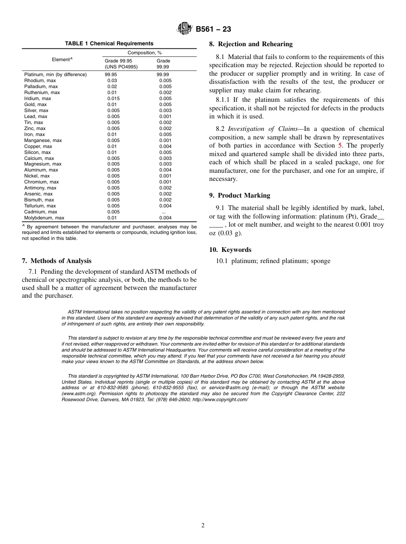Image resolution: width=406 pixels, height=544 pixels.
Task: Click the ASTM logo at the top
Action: [x=185, y=29]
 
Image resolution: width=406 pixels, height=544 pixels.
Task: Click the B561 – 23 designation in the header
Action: [x=213, y=30]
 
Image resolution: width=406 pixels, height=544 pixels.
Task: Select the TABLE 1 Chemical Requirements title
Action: [x=109, y=44]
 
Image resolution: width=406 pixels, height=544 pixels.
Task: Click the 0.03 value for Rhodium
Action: [x=112, y=80]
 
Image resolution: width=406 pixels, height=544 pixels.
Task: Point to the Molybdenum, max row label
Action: [x=44, y=218]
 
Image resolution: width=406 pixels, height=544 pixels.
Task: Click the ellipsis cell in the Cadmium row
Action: [x=163, y=212]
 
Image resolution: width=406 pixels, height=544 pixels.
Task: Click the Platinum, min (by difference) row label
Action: [x=56, y=74]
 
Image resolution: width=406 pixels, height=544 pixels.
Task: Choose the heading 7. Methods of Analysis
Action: [x=56, y=261]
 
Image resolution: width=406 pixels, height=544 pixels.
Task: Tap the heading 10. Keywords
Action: [x=230, y=250]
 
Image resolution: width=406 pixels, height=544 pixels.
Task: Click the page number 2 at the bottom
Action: [x=203, y=526]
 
